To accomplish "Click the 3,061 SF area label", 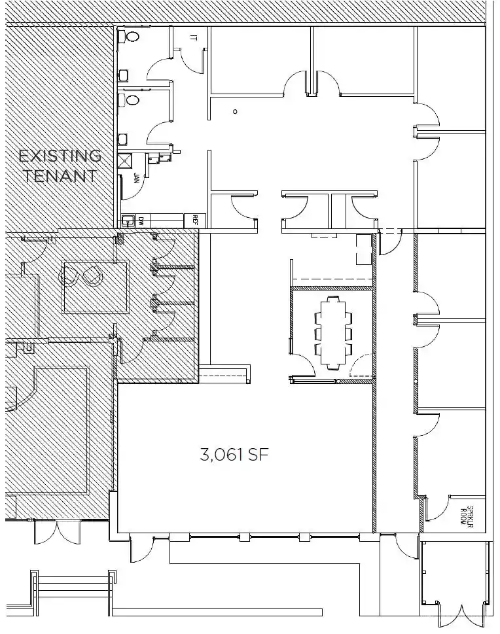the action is tap(234, 455).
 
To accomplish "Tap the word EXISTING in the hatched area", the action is tap(60, 156).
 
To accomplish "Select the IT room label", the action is tap(193, 37).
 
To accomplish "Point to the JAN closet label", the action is tap(136, 178).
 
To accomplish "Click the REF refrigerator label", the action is tap(195, 220).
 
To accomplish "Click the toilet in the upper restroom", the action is tap(132, 37).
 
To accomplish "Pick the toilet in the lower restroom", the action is tap(132, 100).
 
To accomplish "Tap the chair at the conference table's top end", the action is tap(334, 298).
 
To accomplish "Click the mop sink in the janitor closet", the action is tap(126, 160).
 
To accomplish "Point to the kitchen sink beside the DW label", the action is tap(129, 221).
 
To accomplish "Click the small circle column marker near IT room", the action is tap(235, 112).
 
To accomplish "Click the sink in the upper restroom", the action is tap(124, 75).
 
